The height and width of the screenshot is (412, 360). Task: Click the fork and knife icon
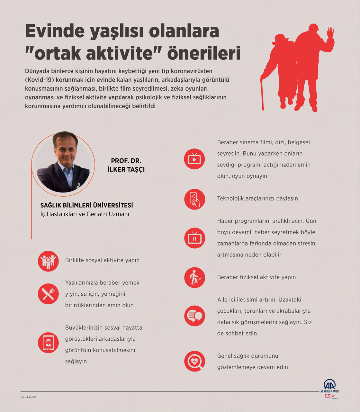tap(48, 294)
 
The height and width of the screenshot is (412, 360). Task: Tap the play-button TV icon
tap(194, 159)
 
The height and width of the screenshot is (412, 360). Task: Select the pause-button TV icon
tap(194, 238)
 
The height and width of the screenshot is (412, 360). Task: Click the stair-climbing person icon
tap(194, 277)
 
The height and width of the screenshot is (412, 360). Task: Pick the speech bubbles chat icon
tap(194, 316)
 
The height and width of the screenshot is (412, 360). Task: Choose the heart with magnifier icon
tap(194, 361)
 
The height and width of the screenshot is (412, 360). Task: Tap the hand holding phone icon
tap(194, 199)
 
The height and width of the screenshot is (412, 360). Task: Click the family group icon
tap(48, 261)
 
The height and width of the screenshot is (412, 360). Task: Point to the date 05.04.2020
tap(28, 397)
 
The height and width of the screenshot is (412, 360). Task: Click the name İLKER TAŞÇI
tap(126, 169)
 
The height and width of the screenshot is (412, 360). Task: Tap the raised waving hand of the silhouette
tap(330, 33)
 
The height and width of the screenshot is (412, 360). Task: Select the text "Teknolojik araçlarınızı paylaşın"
tap(257, 199)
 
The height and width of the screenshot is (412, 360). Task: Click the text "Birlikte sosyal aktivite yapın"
tap(102, 260)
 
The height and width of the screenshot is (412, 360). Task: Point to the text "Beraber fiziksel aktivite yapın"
tap(256, 277)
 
